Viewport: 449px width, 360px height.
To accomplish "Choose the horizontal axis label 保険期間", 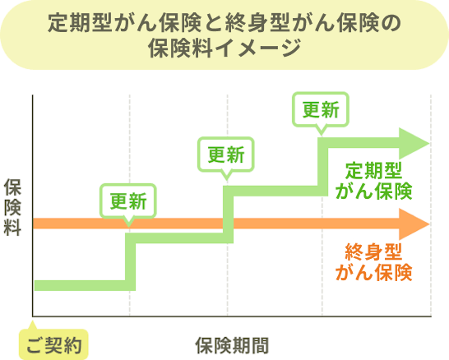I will pos(231,344).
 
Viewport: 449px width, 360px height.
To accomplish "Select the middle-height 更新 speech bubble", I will pos(225,154).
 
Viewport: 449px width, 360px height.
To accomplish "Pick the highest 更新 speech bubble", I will pos(321,108).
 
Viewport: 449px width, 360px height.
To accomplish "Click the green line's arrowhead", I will pos(413,144).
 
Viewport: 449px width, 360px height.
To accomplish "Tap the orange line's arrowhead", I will pos(414,223).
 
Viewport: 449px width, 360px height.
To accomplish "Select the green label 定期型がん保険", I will pos(373,182).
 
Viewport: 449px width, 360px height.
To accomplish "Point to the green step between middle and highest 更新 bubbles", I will pos(271,192).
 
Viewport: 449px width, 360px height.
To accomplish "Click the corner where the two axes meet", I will pos(32,316).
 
